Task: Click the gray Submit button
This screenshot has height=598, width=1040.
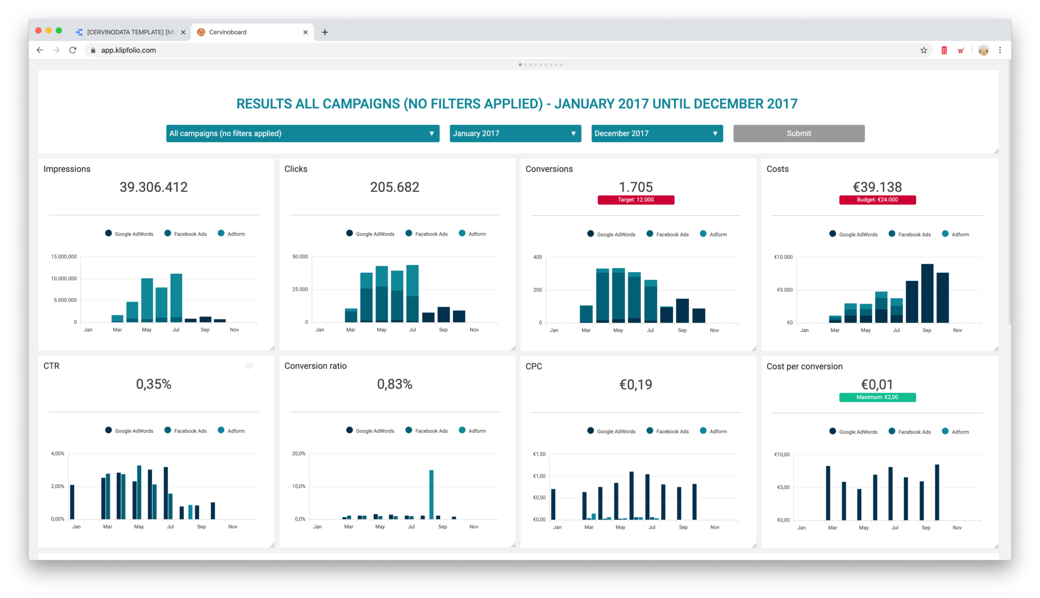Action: tap(798, 134)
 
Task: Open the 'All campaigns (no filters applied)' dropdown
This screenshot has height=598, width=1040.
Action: tap(303, 134)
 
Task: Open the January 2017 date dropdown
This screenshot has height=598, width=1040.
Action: tap(515, 134)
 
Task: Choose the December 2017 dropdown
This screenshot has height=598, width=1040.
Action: tap(657, 134)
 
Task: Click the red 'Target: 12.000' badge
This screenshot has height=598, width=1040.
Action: tap(636, 200)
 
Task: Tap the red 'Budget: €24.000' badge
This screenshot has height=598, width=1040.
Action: tap(877, 200)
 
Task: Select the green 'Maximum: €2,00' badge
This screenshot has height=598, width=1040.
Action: tap(877, 397)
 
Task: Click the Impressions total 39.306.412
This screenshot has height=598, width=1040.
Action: tap(153, 187)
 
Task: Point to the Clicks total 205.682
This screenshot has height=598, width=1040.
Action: tap(395, 187)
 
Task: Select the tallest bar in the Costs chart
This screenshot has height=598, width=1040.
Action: tap(927, 293)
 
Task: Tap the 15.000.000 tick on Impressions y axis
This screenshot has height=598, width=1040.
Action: tap(64, 257)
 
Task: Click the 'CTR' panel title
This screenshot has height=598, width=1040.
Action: tap(51, 366)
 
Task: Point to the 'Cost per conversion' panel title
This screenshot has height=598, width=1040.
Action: tap(804, 367)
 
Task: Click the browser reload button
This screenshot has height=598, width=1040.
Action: tap(73, 50)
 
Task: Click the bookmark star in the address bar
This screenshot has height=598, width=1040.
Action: tap(923, 50)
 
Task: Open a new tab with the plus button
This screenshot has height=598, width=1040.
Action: tap(325, 32)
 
